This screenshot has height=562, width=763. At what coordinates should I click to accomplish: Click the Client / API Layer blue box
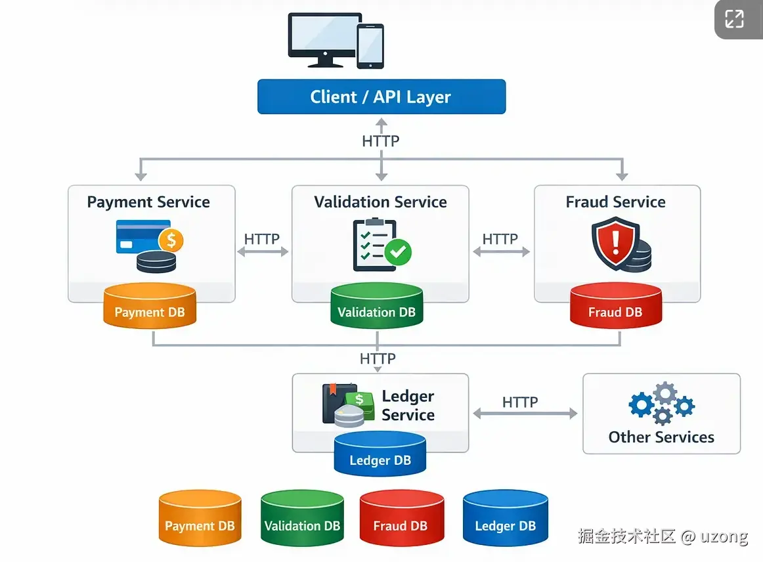[x=381, y=97]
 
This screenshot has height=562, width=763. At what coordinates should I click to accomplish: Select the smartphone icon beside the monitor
[x=370, y=47]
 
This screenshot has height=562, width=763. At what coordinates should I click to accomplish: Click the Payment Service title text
[x=148, y=202]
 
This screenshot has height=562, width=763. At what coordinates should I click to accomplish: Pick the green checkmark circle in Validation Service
[x=397, y=251]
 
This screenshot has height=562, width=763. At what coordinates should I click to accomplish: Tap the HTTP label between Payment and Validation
[x=262, y=239]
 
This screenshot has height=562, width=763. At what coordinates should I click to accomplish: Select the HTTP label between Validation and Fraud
[x=500, y=239]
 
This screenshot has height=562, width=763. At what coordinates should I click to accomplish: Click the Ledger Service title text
[x=408, y=406]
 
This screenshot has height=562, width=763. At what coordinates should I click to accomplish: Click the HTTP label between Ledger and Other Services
[x=520, y=402]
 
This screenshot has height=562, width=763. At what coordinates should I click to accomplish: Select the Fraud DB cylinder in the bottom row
[x=401, y=519]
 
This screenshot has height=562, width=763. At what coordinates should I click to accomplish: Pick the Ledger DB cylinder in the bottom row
[x=505, y=519]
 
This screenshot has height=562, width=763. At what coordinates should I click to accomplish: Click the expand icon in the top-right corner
[x=734, y=19]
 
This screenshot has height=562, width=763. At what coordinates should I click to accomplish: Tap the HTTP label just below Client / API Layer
[x=381, y=141]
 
